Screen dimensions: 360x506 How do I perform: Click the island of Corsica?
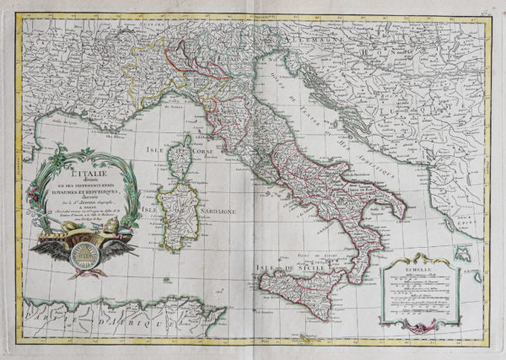coord(180,161)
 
